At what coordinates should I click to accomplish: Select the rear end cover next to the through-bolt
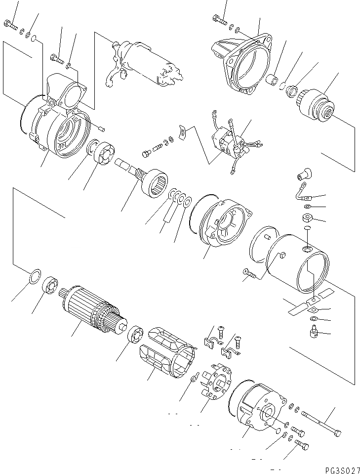click(257, 405)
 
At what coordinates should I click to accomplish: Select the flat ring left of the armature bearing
click(33, 276)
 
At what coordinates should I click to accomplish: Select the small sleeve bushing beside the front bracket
click(272, 80)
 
